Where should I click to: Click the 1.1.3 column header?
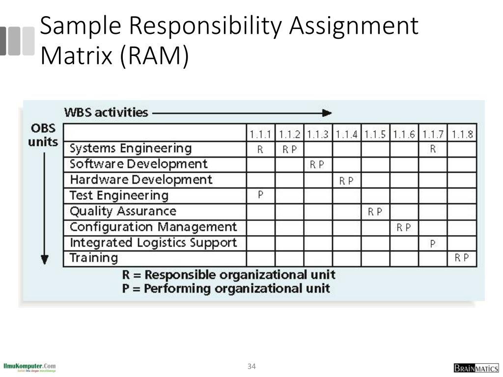(x=318, y=134)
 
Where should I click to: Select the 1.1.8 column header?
(x=462, y=134)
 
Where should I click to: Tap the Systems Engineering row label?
(x=131, y=148)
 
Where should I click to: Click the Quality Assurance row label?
(x=123, y=211)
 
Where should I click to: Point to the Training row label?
(x=94, y=258)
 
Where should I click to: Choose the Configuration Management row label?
(x=153, y=227)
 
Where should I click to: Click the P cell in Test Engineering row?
(x=260, y=195)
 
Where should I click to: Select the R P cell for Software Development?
(x=317, y=164)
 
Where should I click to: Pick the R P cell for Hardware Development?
(x=346, y=181)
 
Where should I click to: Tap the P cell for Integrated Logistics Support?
(x=432, y=243)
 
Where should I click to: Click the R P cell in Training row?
(x=462, y=258)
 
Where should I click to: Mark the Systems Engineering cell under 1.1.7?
(x=433, y=149)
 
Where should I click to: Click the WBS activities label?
(x=106, y=112)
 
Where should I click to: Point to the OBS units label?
(x=43, y=135)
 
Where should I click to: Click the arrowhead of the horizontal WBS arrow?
(x=327, y=113)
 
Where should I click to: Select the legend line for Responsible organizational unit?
(x=228, y=274)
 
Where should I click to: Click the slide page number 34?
(x=252, y=366)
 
